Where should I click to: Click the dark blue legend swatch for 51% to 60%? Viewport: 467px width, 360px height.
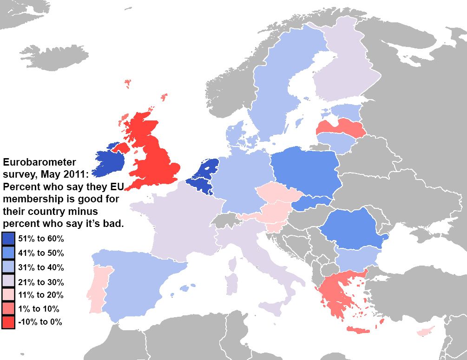click(8, 239)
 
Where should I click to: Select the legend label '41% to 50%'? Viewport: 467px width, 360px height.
click(40, 253)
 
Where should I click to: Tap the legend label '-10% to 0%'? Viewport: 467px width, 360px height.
click(40, 322)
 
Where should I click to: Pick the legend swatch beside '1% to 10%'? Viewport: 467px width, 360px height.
click(8, 308)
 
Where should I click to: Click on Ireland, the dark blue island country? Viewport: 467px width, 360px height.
click(110, 161)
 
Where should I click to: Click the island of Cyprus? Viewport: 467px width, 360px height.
click(425, 332)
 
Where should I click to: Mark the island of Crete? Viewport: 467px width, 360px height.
click(358, 330)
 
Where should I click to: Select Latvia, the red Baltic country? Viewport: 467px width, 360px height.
click(342, 127)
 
